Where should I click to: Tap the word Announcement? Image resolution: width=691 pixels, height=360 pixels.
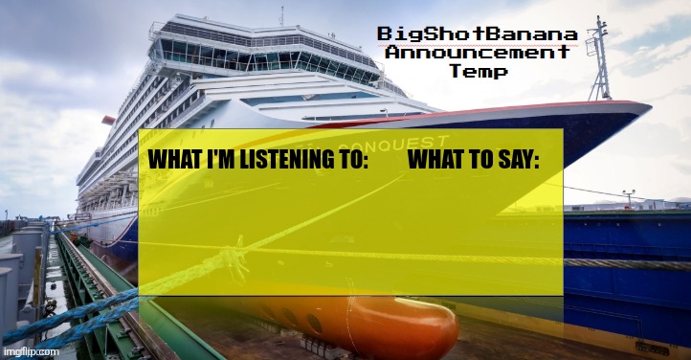[475, 54]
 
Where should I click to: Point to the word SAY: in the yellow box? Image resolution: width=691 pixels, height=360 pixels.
[517, 162]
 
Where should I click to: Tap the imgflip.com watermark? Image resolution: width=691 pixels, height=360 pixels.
[32, 351]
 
